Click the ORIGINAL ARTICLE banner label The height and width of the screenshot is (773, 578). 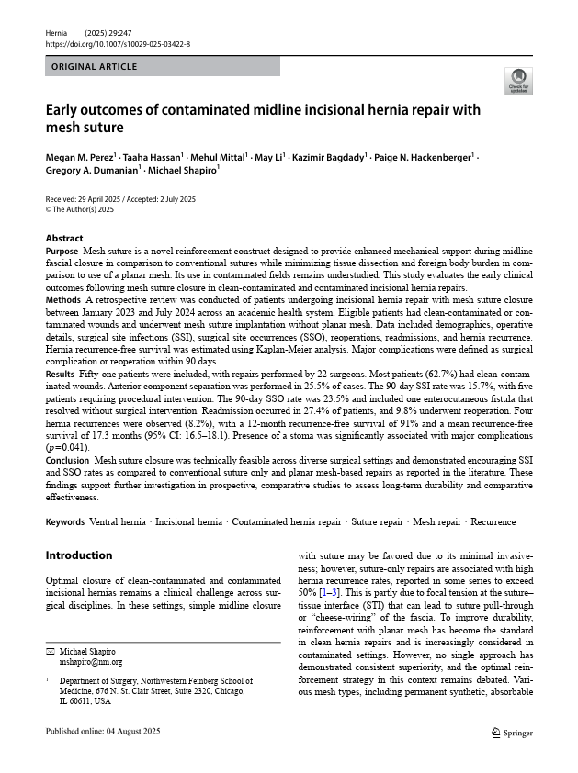(x=95, y=67)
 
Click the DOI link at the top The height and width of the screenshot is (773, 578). (x=118, y=43)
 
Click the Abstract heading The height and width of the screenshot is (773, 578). (x=64, y=238)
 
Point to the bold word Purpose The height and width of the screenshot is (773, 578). (x=62, y=251)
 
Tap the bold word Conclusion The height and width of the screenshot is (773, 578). (x=67, y=460)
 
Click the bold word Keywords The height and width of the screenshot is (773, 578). (x=66, y=522)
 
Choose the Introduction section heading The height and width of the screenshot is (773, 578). (x=79, y=555)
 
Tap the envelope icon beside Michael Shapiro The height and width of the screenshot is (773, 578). (x=51, y=651)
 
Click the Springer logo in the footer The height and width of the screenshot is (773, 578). (x=513, y=732)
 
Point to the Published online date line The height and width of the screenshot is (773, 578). (x=103, y=731)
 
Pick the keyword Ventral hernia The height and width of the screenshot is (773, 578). (x=117, y=522)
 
